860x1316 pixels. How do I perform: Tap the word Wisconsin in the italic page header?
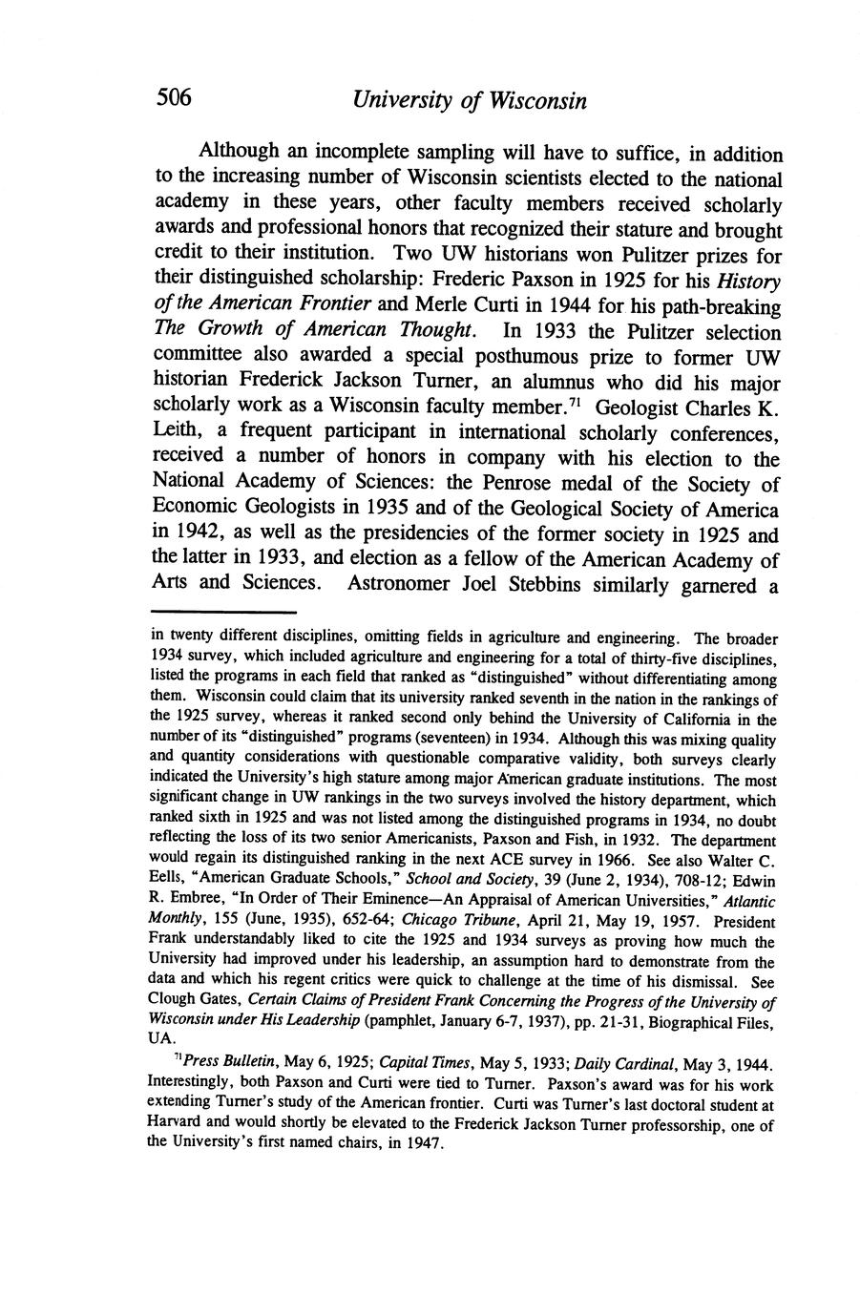(536, 100)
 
